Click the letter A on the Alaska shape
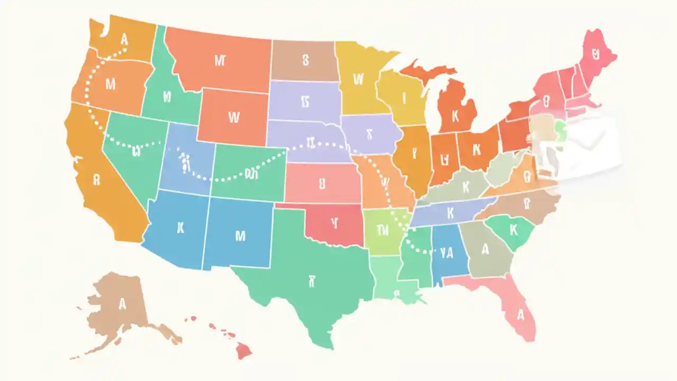pyautogui.click(x=123, y=304)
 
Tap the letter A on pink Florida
pyautogui.click(x=520, y=315)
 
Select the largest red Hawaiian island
pyautogui.click(x=243, y=349)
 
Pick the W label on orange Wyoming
pyautogui.click(x=233, y=117)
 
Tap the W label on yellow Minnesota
pyautogui.click(x=358, y=79)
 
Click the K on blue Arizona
pyautogui.click(x=180, y=228)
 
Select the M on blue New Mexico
pyautogui.click(x=240, y=235)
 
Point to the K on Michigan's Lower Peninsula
pyautogui.click(x=454, y=115)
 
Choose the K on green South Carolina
pyautogui.click(x=512, y=230)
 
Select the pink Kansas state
pyautogui.click(x=322, y=184)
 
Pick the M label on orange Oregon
pyautogui.click(x=111, y=83)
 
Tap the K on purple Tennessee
pyautogui.click(x=451, y=213)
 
